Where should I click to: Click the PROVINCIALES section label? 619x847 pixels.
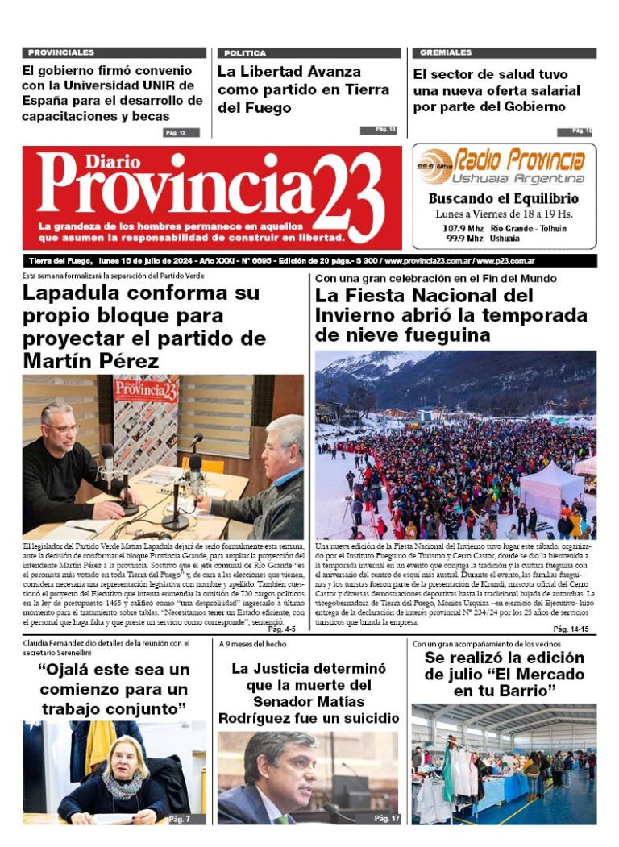pyautogui.click(x=61, y=52)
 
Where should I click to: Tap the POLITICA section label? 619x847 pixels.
pyautogui.click(x=245, y=53)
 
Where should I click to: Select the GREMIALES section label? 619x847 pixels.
pyautogui.click(x=446, y=52)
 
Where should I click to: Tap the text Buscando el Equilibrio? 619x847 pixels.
pyautogui.click(x=503, y=198)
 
